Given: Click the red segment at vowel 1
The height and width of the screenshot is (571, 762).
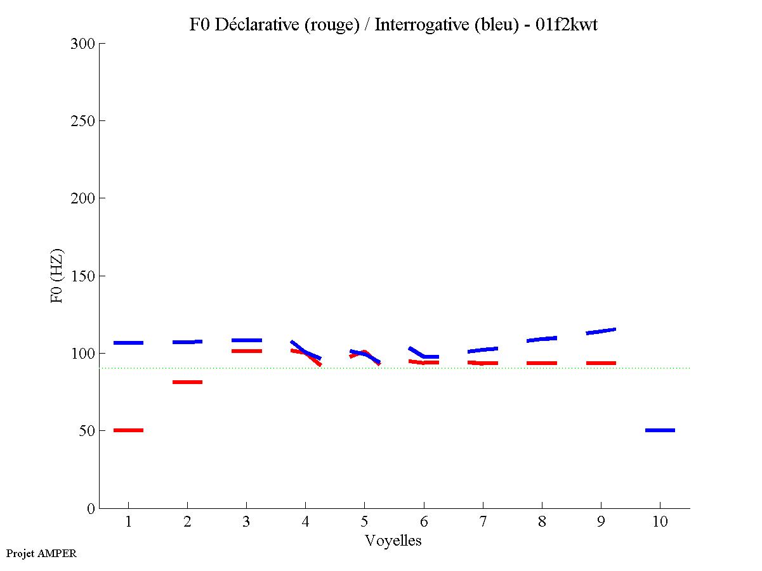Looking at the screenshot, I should click(128, 430).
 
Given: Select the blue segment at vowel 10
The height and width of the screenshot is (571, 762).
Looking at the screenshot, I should click(660, 430).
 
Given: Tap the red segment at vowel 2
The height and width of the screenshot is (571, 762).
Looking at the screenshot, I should click(187, 382).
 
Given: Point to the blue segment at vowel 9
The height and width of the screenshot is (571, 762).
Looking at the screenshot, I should click(601, 331).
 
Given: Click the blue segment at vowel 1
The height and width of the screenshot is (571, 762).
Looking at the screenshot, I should click(128, 343).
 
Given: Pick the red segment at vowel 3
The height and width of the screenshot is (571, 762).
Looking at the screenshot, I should click(246, 351).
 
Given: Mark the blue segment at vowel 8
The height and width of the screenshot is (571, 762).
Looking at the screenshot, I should click(542, 339).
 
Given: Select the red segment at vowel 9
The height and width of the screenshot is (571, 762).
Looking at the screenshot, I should click(601, 363).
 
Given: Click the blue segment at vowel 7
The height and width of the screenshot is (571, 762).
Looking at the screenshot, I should click(483, 350).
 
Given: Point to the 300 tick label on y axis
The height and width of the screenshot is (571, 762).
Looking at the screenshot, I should click(84, 44).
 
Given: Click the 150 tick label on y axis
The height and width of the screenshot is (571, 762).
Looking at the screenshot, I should click(84, 276).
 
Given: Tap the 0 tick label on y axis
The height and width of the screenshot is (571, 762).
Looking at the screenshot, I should click(91, 508).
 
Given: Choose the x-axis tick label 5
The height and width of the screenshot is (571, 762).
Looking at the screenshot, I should click(364, 522).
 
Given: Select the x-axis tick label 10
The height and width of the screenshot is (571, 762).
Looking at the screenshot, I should click(660, 522).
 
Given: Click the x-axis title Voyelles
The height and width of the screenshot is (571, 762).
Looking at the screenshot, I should click(393, 541).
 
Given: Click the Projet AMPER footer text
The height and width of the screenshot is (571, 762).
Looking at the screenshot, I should click(41, 553).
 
